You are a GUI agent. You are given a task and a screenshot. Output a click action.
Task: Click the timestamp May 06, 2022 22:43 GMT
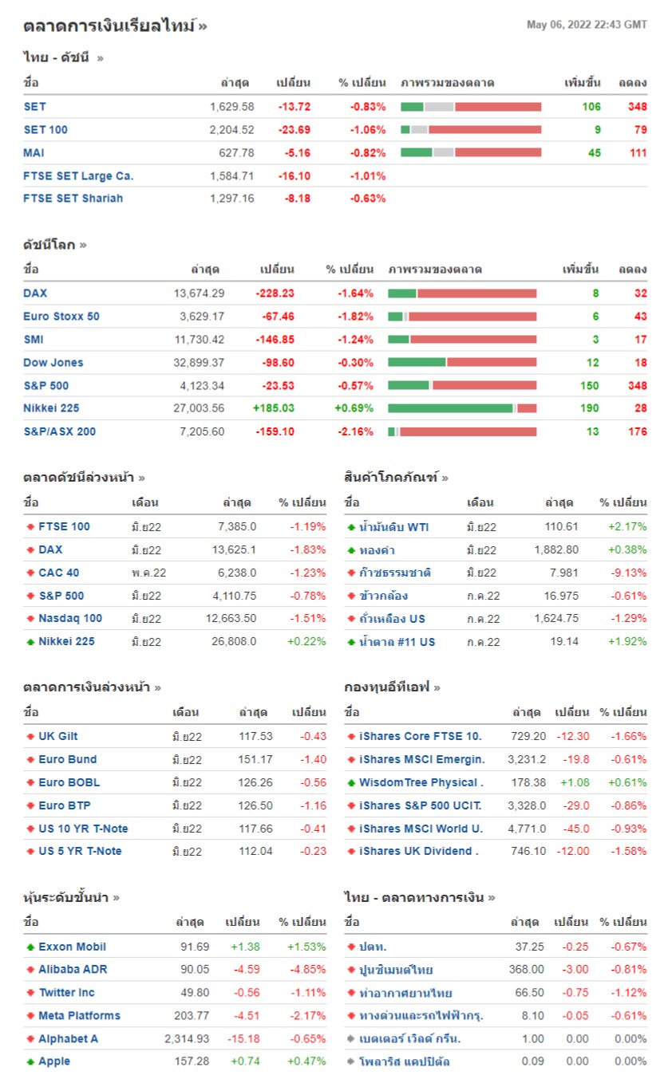click(x=587, y=25)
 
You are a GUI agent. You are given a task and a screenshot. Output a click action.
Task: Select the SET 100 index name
click(x=45, y=130)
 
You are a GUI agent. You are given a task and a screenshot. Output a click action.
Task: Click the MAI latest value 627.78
click(x=236, y=153)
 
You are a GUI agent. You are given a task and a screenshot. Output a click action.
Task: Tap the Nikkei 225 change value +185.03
click(x=273, y=408)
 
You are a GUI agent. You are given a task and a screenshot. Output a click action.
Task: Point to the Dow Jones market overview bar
click(x=462, y=363)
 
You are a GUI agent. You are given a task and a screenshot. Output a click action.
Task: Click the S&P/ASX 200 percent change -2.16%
click(x=355, y=432)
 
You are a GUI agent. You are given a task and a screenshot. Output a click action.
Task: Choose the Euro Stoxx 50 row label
click(x=61, y=317)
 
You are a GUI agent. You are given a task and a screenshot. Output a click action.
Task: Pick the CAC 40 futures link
click(x=59, y=573)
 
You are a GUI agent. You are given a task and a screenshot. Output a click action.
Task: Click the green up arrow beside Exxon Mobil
click(x=30, y=947)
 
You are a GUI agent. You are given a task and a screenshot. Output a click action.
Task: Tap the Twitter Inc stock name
click(x=66, y=993)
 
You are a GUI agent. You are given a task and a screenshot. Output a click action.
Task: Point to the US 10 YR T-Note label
click(x=83, y=829)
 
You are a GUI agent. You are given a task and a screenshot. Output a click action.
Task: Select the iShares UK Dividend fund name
click(x=418, y=852)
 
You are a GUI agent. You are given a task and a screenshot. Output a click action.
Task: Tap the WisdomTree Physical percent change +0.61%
click(x=627, y=783)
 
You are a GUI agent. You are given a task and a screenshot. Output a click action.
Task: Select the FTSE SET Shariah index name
click(x=73, y=199)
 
